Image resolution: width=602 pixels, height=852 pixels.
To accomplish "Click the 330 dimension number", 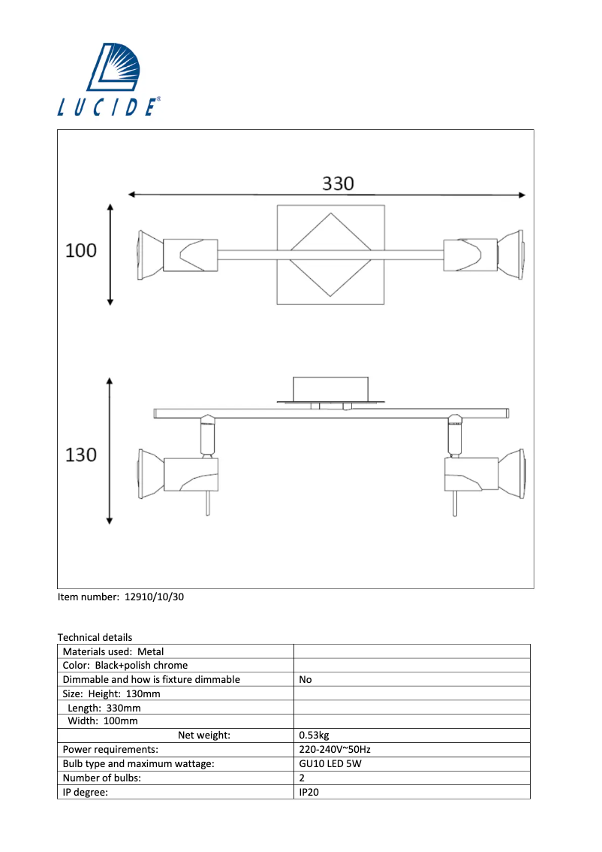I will (338, 183).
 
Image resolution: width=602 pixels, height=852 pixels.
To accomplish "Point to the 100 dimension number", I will (81, 251).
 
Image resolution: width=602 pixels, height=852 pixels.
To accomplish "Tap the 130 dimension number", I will (81, 455).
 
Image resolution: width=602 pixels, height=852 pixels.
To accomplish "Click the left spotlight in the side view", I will (178, 473).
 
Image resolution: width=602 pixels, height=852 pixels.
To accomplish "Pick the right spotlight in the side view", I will (484, 473).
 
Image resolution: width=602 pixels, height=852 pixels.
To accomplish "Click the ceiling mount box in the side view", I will (330, 389).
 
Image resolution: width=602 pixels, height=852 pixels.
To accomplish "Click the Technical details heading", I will (95, 637).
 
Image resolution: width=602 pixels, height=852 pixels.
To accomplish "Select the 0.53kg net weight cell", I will (314, 736).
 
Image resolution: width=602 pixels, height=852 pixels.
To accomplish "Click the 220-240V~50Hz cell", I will (334, 750).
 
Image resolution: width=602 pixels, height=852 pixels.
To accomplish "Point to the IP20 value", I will (309, 792).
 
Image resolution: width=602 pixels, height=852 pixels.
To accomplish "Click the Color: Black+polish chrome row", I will (125, 665).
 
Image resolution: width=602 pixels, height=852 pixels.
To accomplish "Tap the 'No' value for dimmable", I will (305, 679).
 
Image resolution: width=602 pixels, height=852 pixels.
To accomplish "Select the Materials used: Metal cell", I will (113, 651).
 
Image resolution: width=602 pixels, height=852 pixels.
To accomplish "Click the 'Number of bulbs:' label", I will (101, 778).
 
